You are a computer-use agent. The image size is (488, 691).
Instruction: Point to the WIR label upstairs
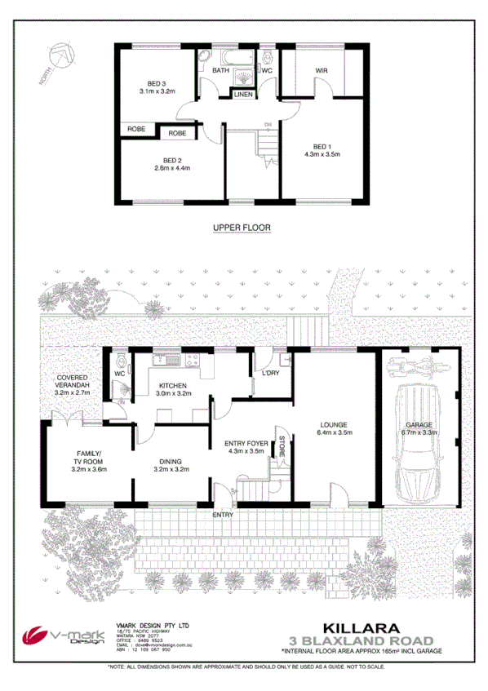(x=321, y=70)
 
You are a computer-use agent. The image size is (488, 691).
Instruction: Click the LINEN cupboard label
(x=243, y=95)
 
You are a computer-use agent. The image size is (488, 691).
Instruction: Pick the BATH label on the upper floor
(x=220, y=71)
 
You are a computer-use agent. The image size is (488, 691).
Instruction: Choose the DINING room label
(x=172, y=463)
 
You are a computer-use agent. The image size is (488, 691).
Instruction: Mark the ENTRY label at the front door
(x=223, y=515)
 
